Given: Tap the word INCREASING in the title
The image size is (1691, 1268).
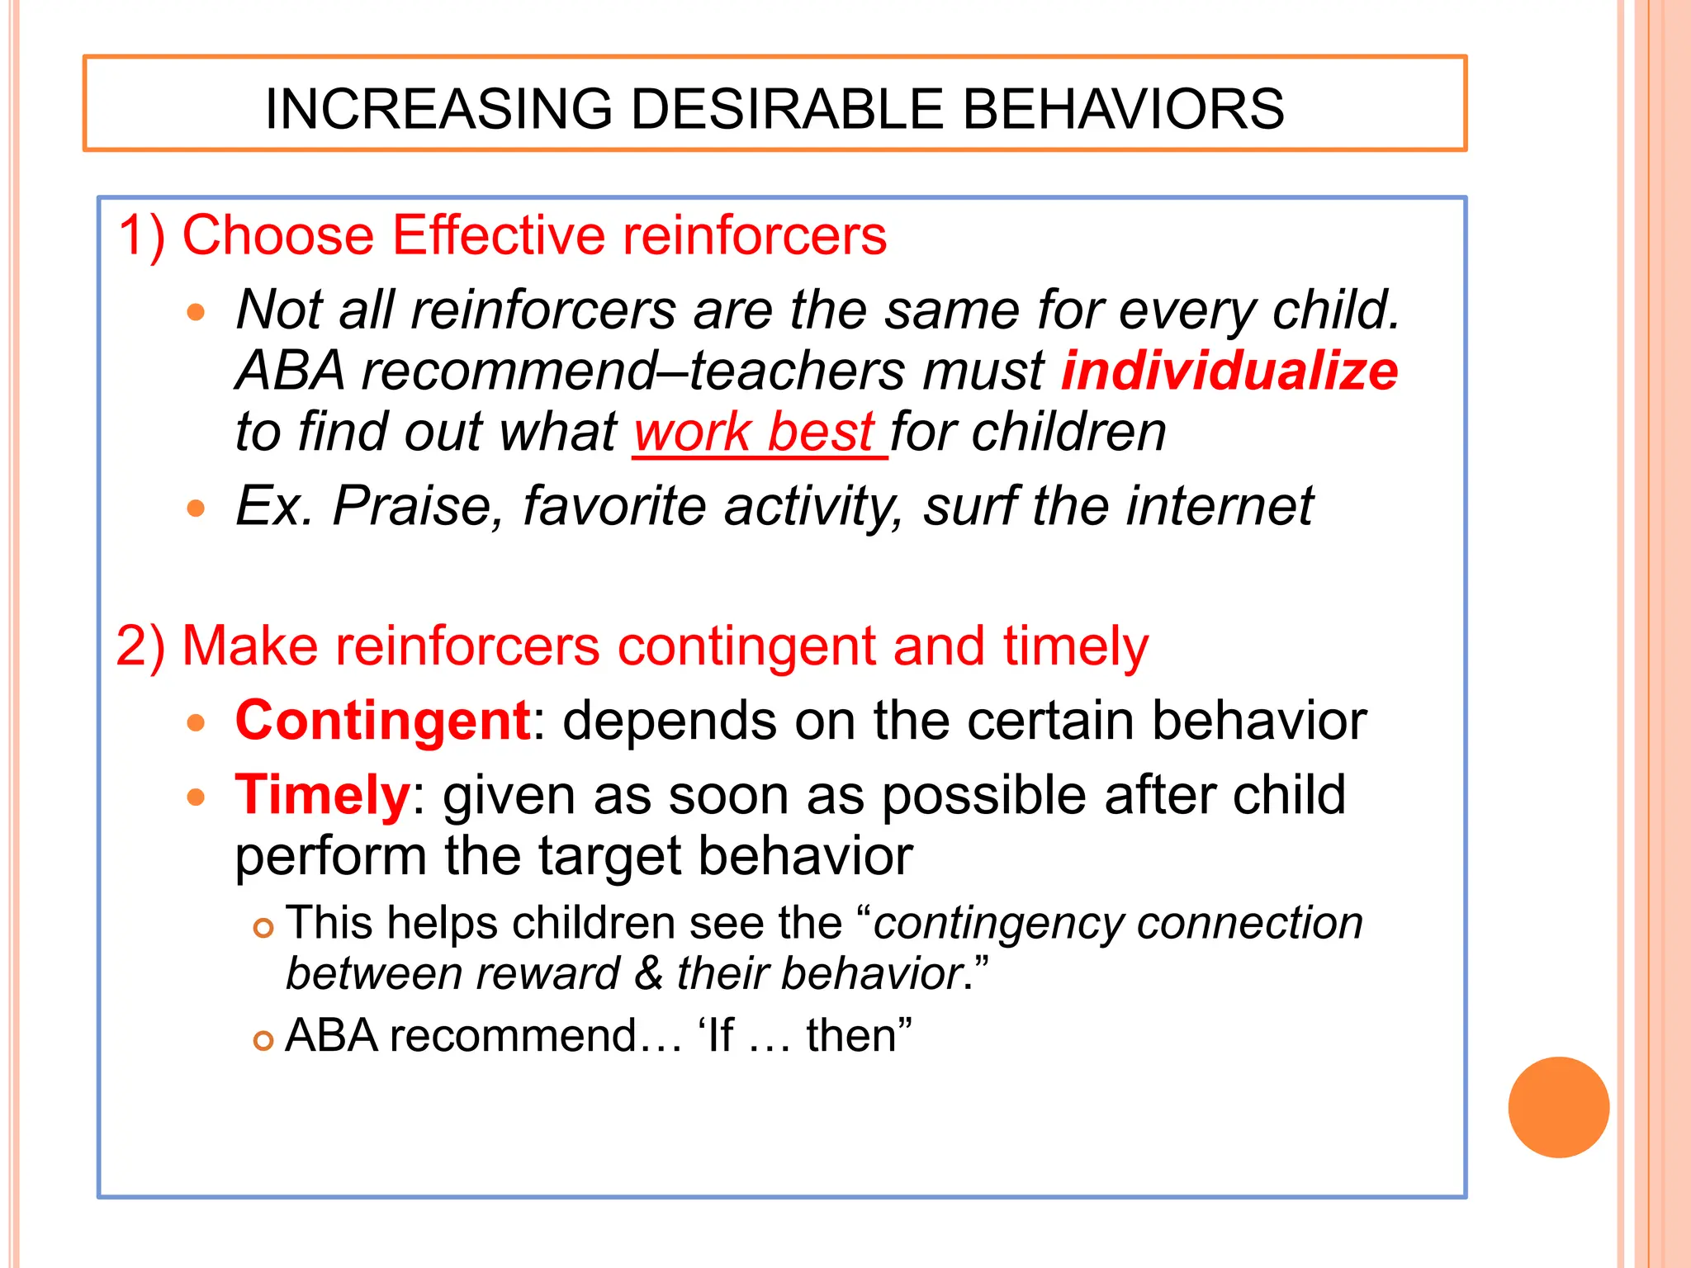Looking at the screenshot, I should pos(438,109).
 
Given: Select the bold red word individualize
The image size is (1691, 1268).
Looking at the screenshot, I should pos(1229,371).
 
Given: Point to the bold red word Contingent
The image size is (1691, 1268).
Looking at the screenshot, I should pos(382,721).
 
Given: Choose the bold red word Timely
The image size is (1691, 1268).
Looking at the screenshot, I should pos(322,795).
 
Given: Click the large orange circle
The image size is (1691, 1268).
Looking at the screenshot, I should pos(1558,1107).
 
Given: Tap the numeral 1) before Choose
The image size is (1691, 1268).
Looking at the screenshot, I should pos(142,236).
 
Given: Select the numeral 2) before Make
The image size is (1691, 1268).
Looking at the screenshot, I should pos(141,646).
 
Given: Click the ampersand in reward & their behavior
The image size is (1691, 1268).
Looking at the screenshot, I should pos(649,973).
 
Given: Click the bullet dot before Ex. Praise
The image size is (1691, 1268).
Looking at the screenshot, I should pos(196,508).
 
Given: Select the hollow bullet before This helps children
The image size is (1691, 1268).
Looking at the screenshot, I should pos(263,929).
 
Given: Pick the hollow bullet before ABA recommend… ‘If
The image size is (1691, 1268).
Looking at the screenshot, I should pos(263,1041).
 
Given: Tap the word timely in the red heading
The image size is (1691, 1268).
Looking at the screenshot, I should pos(1075,646).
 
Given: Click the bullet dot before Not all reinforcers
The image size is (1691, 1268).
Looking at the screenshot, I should pos(196,313).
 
